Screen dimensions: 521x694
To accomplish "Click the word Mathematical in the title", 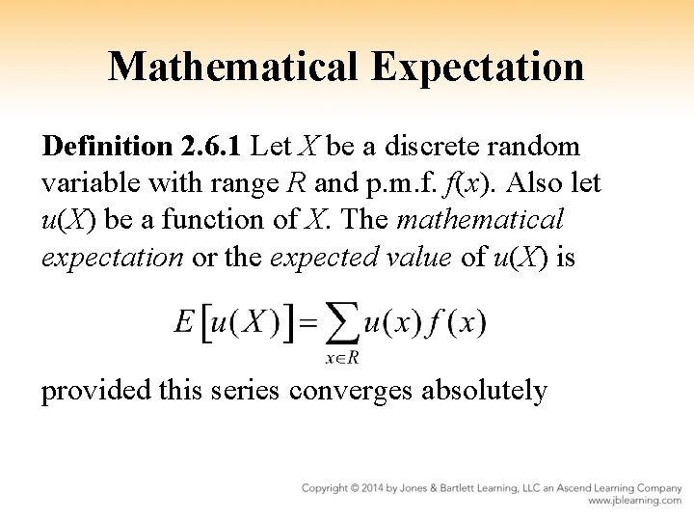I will [230, 67].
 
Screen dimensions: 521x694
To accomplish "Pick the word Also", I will [521, 183].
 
